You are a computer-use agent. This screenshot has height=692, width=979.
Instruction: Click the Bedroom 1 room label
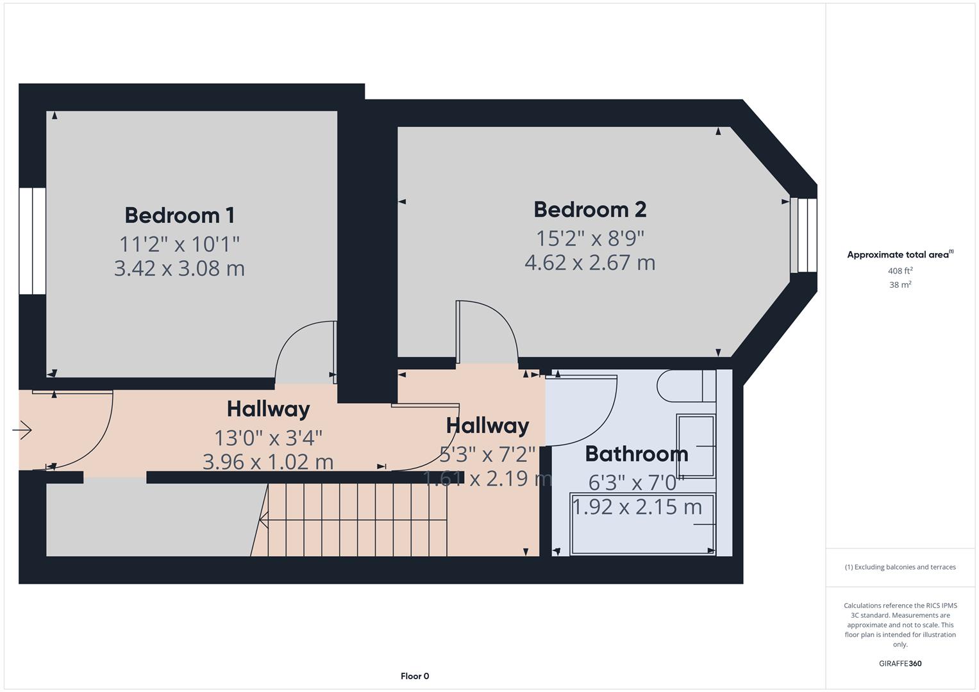tap(180, 215)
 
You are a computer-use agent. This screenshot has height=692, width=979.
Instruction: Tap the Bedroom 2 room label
tap(590, 210)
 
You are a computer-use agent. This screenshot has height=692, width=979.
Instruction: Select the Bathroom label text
tap(636, 454)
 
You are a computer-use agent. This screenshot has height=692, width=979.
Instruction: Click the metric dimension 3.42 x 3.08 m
tap(180, 268)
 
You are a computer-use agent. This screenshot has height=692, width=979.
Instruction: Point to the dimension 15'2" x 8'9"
tap(590, 238)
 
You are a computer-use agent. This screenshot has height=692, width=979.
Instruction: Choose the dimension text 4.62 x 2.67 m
tap(590, 263)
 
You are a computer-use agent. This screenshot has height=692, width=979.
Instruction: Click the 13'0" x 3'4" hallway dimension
tap(268, 438)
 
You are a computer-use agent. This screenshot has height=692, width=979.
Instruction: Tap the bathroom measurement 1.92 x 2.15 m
tap(637, 507)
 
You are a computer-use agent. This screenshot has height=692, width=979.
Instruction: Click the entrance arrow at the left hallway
tap(22, 429)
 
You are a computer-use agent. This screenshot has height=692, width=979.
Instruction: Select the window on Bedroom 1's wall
tap(32, 240)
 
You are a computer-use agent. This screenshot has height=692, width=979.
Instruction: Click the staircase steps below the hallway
tap(356, 520)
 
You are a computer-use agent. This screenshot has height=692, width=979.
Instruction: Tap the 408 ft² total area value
tap(900, 271)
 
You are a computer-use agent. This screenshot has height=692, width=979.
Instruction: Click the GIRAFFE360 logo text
tap(900, 663)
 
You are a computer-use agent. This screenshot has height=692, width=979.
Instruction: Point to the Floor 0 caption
tap(415, 676)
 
